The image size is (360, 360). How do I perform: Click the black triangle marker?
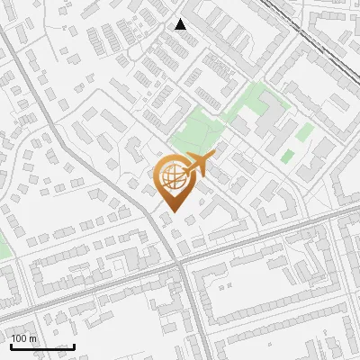(181, 24)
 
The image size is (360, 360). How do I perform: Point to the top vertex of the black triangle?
(181, 19)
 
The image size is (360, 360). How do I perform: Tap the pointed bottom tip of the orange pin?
(170, 211)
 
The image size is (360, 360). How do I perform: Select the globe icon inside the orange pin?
(170, 177)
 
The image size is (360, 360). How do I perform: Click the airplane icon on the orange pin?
(197, 166)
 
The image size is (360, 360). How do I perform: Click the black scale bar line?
(41, 346)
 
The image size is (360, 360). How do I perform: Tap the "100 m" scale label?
(23, 338)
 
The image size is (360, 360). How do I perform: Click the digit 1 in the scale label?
(13, 338)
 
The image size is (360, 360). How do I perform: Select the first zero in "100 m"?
(19, 338)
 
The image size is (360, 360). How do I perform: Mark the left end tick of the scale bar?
(10, 345)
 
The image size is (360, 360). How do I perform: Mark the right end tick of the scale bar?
(74, 345)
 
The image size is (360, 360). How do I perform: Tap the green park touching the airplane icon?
(193, 135)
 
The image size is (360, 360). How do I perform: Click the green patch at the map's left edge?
(3, 245)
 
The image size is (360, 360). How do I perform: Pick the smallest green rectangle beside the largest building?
(287, 157)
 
